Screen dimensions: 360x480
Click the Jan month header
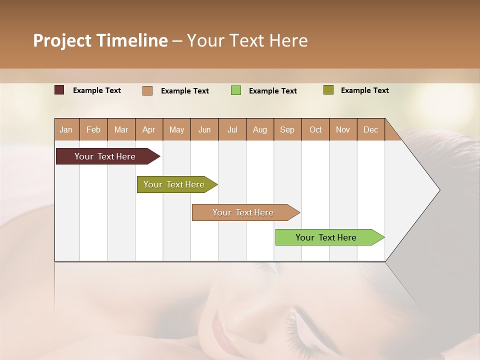click(66, 129)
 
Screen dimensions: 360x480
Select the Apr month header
click(148, 129)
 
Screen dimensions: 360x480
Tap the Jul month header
click(232, 129)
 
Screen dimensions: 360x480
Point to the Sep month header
click(287, 129)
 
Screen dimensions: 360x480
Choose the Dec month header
click(370, 129)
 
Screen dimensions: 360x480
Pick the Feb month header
click(93, 129)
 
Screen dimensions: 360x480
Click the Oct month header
click(315, 129)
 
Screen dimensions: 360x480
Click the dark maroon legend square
click(59, 90)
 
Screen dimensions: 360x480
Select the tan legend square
click(147, 90)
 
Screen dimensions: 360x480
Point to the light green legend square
click(236, 90)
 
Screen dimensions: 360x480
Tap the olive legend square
click(328, 90)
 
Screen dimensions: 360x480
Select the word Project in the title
click(62, 40)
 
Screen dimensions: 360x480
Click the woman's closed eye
click(295, 325)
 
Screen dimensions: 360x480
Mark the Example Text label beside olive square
click(364, 90)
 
